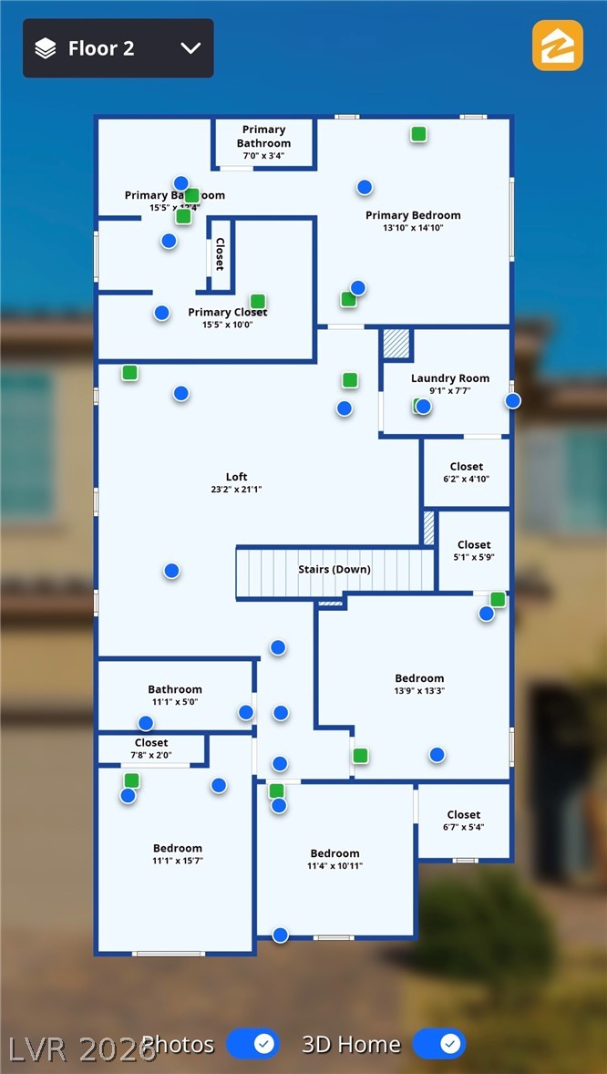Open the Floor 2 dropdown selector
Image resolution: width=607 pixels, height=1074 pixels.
point(118,48)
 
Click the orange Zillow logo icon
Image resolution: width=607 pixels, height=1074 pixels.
point(557,46)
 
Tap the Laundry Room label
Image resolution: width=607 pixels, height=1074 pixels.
point(450,378)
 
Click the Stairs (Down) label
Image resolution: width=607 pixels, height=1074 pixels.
point(334,570)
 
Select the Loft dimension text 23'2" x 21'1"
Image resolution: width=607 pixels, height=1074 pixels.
point(236,490)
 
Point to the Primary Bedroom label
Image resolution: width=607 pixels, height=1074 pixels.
point(413,216)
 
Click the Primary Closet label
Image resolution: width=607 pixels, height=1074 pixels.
point(228,313)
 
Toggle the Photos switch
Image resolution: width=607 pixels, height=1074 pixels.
point(252,1043)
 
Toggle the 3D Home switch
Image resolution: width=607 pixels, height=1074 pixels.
point(439,1043)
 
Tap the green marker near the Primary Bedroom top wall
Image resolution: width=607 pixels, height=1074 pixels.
point(418,134)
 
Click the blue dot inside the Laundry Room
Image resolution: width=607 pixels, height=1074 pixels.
point(424,407)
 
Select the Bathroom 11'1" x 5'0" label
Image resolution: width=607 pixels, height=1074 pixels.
point(175,690)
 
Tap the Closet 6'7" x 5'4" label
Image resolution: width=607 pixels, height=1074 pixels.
point(464,815)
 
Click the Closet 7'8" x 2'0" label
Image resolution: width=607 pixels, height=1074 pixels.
point(151,743)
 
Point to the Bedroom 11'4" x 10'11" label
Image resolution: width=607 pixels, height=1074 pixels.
point(334,854)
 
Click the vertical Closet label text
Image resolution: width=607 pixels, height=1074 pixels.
point(220,255)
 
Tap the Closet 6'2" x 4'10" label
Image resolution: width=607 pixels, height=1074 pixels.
point(467,467)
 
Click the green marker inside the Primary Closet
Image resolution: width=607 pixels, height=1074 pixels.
point(258,301)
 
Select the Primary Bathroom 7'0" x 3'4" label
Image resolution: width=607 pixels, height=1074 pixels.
point(264,137)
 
